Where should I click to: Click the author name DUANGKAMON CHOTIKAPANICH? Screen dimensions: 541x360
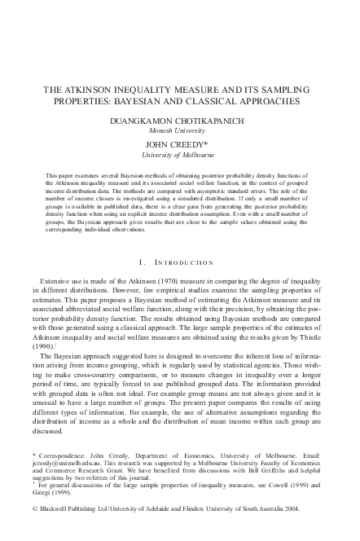pyautogui.click(x=179, y=119)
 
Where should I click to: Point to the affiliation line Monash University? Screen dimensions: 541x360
pyautogui.click(x=179, y=129)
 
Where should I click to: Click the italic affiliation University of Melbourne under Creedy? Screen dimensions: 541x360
pyautogui.click(x=179, y=154)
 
